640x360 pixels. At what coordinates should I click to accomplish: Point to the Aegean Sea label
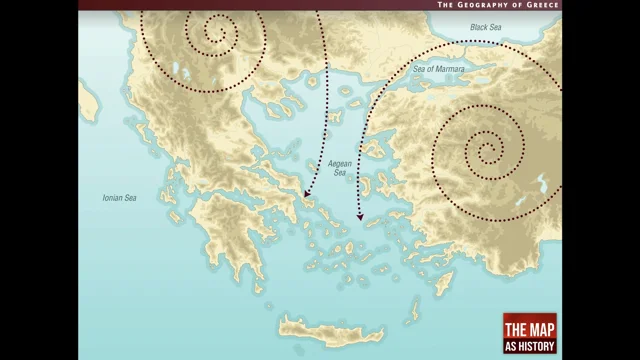pos(338,167)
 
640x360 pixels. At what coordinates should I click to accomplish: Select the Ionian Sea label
pos(119,198)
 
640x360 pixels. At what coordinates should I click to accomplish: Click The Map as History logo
pos(530,334)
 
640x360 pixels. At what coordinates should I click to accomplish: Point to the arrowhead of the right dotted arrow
pos(358,215)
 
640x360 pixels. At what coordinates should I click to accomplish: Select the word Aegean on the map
pos(338,162)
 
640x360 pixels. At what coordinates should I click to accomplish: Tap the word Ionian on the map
pos(112,198)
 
